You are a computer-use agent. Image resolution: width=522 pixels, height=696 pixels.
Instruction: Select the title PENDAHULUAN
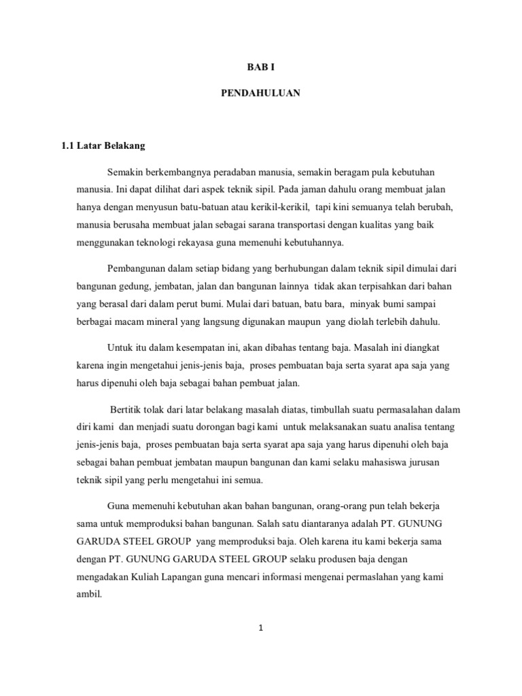pyautogui.click(x=260, y=94)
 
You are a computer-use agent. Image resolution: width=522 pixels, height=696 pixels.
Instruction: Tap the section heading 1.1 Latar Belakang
pyautogui.click(x=103, y=145)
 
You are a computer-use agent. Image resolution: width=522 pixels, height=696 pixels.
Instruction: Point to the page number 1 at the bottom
pyautogui.click(x=260, y=629)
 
